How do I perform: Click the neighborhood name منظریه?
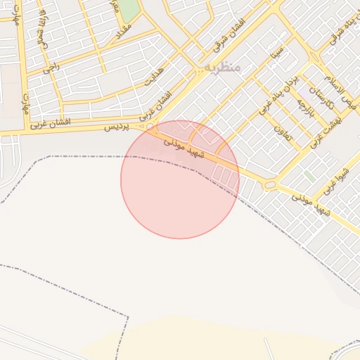[x=224, y=67]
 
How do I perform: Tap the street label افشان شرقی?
[x=228, y=37]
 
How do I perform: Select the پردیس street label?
[x=118, y=127]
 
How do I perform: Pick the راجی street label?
[x=51, y=66]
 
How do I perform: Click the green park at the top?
[x=129, y=10]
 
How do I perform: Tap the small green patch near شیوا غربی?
[x=310, y=176]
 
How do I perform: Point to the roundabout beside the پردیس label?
[x=150, y=127]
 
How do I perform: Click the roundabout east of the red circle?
[x=269, y=186]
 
